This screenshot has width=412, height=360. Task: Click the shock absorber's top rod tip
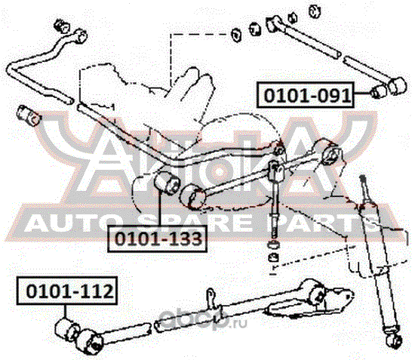tap(364, 180)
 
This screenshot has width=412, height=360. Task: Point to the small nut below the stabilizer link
tap(273, 260)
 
